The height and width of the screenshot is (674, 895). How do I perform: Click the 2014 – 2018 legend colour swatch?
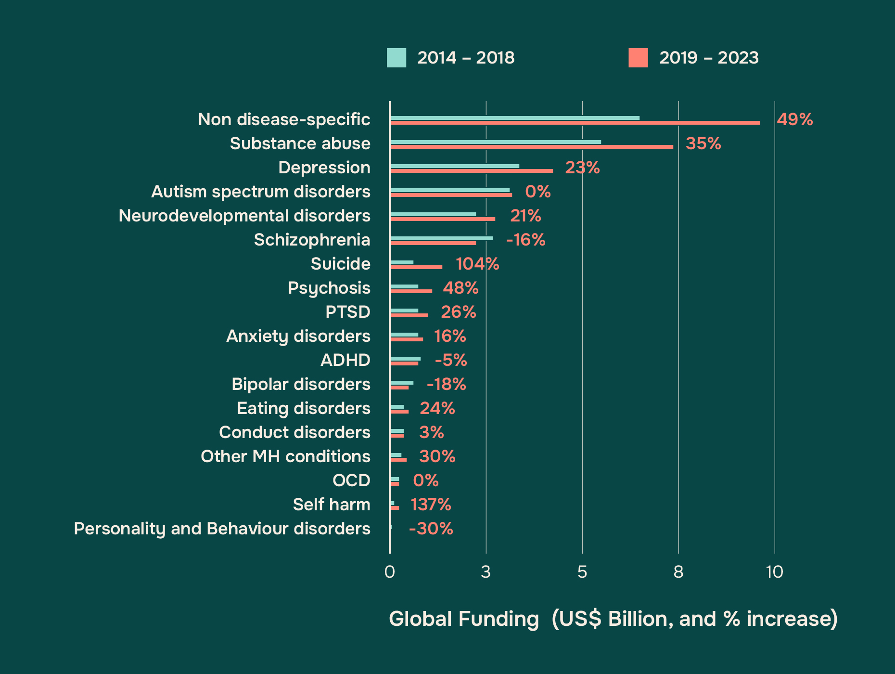coord(396,58)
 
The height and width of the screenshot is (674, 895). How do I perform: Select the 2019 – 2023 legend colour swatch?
coord(638,58)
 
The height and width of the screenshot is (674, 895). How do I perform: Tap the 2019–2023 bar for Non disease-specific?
coord(575,123)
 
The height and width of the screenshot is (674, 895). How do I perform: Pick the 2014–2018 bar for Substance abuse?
coord(495,142)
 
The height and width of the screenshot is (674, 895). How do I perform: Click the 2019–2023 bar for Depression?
coord(471,171)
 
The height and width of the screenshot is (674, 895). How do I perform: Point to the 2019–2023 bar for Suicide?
coord(416,267)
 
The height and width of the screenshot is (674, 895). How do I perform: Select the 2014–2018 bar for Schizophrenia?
coord(441,238)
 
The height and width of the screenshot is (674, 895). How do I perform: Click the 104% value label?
coord(477,264)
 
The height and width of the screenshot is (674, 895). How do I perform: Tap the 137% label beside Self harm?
coord(431,505)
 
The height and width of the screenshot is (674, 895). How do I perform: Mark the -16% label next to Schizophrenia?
coord(525,240)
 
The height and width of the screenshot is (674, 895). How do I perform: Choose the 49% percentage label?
coord(794,119)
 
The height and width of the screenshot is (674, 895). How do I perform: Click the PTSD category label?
coord(347,312)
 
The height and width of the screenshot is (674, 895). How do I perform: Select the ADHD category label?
coord(345,360)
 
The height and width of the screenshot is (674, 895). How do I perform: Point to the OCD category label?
coord(351,480)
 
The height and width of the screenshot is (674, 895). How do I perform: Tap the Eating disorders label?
coord(304,408)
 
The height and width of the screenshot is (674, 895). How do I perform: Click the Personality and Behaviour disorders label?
coord(222,529)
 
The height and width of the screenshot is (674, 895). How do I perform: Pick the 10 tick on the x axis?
coord(774,572)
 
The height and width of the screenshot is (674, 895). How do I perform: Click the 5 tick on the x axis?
coord(582,572)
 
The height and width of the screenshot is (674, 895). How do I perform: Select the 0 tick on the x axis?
coord(390,572)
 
